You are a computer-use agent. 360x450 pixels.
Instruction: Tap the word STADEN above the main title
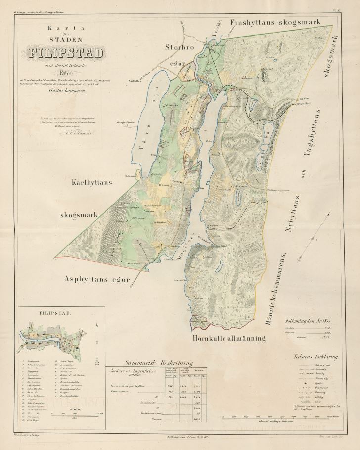coord(66,38)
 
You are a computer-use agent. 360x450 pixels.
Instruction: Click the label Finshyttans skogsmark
coord(276,22)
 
